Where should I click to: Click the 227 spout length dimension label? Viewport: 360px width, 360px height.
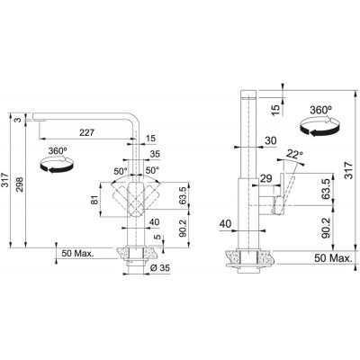pos(86,132)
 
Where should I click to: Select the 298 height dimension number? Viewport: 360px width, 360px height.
pos(20,184)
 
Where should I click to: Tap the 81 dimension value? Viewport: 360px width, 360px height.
pos(94,200)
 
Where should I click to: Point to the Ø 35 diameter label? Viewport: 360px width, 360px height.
pos(159,267)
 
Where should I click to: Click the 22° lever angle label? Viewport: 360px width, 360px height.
pos(295,154)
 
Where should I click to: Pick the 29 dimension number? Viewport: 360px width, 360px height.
pos(265,178)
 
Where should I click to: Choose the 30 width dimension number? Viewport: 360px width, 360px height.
pos(271,140)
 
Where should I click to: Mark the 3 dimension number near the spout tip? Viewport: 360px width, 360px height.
pos(19,120)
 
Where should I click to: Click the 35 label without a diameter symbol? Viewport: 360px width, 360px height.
pos(155,154)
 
